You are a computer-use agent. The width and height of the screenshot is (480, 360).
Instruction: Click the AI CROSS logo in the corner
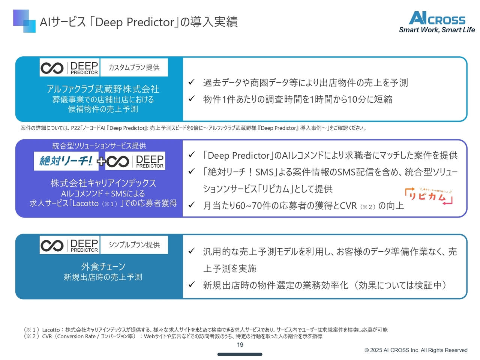point(436,18)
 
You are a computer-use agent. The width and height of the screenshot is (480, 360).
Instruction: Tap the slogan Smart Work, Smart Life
point(437,30)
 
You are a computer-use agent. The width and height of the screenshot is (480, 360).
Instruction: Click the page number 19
point(240,345)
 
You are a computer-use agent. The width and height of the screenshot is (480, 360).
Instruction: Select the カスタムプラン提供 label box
point(134,67)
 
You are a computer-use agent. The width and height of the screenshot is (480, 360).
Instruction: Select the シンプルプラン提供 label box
point(134,244)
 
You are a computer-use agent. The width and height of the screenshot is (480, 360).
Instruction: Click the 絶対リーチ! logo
point(66,161)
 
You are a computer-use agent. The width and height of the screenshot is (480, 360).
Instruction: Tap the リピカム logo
point(428,196)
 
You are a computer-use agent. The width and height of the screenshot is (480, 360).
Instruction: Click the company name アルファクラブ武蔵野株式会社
point(103,89)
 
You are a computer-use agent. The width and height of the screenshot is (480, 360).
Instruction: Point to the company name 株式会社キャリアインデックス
point(103,183)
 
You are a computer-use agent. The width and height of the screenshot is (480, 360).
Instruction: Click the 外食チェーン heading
point(103,267)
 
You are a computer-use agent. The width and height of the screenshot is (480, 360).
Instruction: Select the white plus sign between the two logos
point(101,161)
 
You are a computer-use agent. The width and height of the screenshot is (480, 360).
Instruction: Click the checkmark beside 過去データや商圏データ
point(191,82)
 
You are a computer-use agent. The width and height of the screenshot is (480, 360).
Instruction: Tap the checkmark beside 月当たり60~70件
point(191,205)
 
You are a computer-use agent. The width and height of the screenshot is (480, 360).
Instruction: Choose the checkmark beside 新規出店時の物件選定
point(191,284)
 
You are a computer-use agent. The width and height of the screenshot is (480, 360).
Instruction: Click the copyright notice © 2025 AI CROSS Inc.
point(416,350)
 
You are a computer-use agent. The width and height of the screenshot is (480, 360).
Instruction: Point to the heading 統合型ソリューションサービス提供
point(99,146)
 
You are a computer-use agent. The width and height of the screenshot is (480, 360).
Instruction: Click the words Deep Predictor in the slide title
point(135,22)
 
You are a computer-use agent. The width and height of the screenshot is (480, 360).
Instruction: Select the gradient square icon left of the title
point(24,21)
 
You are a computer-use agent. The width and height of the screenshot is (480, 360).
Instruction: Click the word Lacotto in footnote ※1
point(51,330)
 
